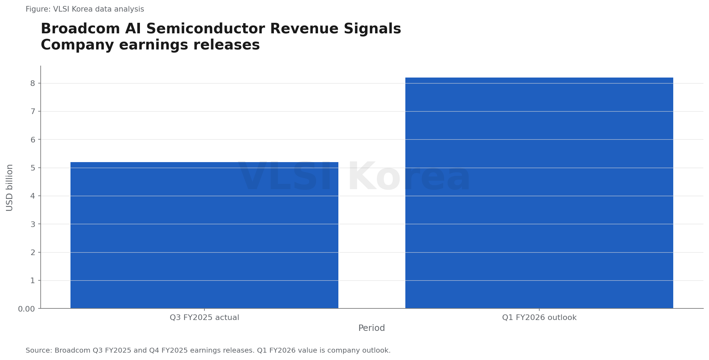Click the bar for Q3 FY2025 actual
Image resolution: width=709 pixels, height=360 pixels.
tap(204, 235)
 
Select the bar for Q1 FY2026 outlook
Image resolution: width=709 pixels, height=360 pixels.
tap(539, 193)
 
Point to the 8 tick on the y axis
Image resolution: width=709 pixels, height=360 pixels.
tap(33, 84)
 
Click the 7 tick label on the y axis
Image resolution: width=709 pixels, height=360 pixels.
tap(33, 112)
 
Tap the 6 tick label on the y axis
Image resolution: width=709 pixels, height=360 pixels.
tap(33, 140)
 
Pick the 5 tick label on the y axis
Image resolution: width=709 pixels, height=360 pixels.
tap(33, 168)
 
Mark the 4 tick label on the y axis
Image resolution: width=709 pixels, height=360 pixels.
tap(33, 196)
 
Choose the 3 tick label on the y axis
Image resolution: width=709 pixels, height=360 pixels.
tap(33, 224)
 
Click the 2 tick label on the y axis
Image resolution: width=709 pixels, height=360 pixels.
tap(33, 253)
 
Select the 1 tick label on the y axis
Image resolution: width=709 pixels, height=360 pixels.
tap(33, 281)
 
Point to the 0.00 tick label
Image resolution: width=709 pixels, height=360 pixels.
tap(27, 309)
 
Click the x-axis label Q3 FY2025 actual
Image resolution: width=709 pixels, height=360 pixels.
tap(204, 318)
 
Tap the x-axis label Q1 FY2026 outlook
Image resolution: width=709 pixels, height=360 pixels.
tap(539, 318)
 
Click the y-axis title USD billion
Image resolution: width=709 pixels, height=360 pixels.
tap(9, 187)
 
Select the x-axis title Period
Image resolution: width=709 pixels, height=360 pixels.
tap(372, 328)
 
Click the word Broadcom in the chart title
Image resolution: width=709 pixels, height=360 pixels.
tap(81, 29)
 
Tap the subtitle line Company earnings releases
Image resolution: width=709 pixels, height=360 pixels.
tap(150, 45)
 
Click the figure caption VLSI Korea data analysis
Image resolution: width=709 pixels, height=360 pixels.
tap(85, 9)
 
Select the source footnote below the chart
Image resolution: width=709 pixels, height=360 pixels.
tap(208, 351)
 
